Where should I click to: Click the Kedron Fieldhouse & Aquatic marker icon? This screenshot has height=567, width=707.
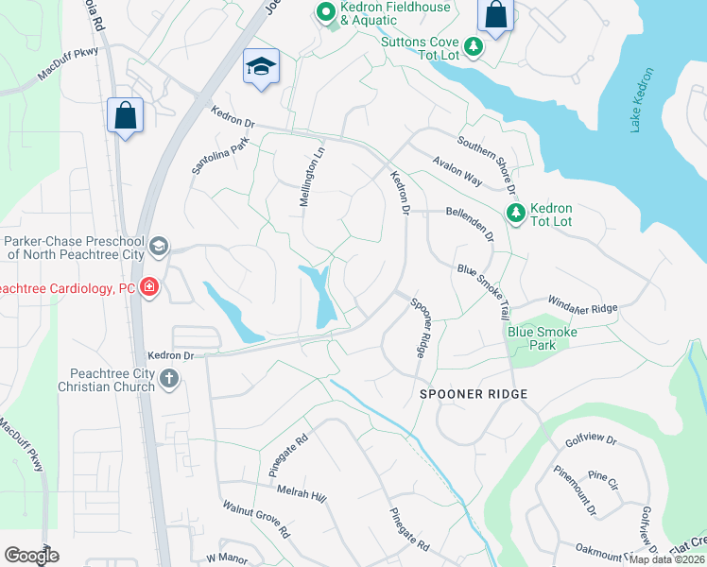326,12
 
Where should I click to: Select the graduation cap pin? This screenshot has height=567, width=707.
261,66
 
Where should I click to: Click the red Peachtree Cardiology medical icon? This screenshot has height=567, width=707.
148,287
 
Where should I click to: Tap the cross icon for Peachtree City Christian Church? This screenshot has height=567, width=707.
169,379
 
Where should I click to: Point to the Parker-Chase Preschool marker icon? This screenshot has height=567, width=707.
158,247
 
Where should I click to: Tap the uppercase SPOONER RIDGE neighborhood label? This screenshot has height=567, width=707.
473,393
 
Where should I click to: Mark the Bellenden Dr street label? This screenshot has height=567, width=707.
471,225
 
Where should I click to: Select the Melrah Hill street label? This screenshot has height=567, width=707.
301,492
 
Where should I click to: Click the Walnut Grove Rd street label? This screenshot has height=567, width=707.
256,520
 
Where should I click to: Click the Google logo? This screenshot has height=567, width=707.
31,556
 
